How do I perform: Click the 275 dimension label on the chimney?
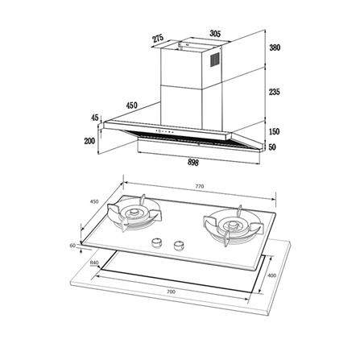coord(158,39)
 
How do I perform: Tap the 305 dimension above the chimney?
coord(215,34)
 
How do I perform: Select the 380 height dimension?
coord(275,48)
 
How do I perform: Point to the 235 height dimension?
coord(275,92)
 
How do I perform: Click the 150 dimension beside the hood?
coord(275,131)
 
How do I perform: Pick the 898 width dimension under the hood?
coord(193,162)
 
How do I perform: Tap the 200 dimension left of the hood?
coord(89,141)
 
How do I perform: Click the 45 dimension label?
coord(95,118)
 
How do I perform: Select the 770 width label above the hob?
coord(200,186)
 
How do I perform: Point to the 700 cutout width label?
coord(171,292)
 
